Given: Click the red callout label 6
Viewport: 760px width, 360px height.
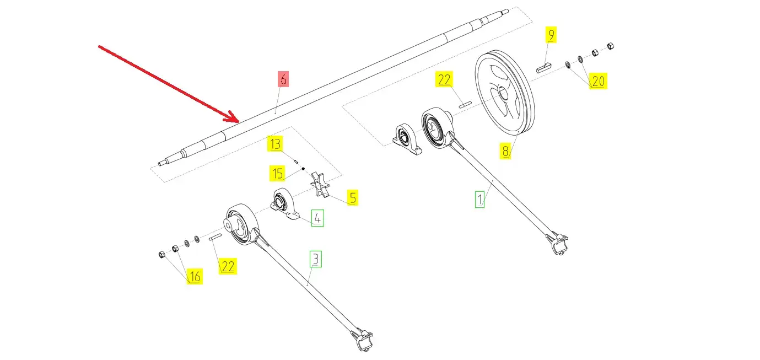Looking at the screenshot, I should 283,79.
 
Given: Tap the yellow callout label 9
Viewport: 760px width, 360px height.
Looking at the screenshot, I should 551,35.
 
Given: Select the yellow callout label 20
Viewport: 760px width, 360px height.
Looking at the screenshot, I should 598,82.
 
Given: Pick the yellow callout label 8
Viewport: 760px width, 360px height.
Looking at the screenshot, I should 505,151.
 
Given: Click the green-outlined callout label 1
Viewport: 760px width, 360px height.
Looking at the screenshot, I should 480,199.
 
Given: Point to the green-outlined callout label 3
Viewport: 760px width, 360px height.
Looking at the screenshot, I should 315,259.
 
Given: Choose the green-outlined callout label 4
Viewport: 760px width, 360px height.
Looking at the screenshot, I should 317,218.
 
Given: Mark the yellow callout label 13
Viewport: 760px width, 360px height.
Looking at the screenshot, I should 275,144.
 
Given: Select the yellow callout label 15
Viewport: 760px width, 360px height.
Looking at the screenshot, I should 277,174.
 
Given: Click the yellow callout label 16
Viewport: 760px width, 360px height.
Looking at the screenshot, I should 195,276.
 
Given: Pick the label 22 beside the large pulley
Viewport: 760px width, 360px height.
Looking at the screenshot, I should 444,79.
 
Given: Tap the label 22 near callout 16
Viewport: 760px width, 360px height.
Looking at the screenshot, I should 228,266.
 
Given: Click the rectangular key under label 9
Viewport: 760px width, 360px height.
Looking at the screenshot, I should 543,68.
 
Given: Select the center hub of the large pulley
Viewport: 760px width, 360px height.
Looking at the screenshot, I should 502,93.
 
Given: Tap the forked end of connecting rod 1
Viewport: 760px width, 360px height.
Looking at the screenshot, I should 558,243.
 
